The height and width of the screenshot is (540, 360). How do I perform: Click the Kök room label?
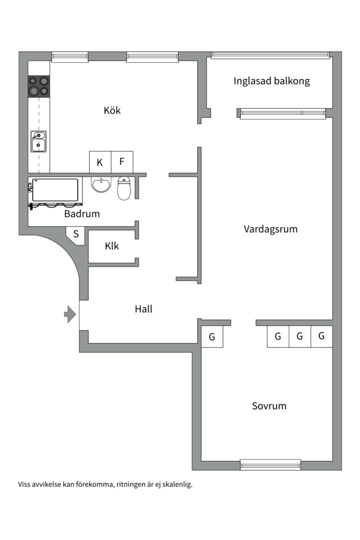pos(112,110)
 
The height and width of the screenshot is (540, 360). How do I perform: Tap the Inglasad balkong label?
pos(271,81)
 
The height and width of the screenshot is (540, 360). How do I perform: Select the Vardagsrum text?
pos(270,229)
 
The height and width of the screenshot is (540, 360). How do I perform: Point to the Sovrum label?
pos(269,405)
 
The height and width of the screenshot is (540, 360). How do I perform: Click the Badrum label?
pos(82,213)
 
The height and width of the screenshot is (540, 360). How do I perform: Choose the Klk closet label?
pos(111,246)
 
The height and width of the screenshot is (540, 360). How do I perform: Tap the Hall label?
pos(143,309)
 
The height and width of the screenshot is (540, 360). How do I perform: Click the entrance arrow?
pos(70,314)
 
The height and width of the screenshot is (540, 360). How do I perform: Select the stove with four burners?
pos(39,86)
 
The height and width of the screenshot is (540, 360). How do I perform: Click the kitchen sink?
pos(38,141)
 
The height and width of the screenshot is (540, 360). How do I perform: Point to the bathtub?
pos(55,190)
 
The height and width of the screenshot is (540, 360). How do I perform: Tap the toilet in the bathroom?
pos(124,188)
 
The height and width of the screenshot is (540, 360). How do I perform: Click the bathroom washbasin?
pos(101,184)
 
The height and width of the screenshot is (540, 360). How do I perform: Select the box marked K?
pos(100,162)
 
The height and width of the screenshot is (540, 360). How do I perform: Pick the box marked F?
pos(122,162)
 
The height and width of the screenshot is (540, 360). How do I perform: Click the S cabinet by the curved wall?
pos(76,234)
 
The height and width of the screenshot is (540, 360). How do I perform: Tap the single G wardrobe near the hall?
pos(212,336)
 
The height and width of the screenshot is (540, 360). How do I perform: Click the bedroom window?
pos(270,465)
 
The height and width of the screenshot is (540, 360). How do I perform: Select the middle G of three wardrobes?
pos(299,336)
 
